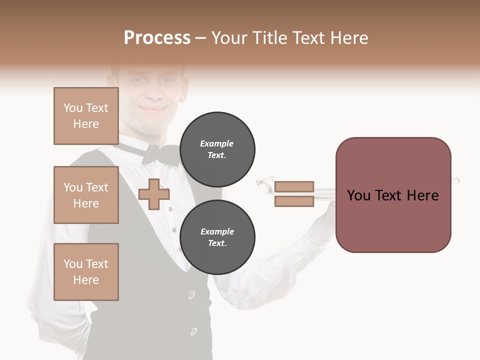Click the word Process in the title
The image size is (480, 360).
[157, 37]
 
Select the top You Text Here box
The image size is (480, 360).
[86, 116]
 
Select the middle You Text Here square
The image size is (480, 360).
[86, 195]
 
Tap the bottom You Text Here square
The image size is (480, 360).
[86, 271]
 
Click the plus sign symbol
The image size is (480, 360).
[154, 194]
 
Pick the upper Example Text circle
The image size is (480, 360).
[217, 149]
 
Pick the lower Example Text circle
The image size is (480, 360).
[217, 237]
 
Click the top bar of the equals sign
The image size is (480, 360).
[294, 186]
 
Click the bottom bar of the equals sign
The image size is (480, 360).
[294, 201]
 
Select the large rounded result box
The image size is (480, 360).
[393, 194]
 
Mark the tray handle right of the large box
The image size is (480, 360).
[455, 180]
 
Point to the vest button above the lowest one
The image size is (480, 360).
[191, 294]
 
